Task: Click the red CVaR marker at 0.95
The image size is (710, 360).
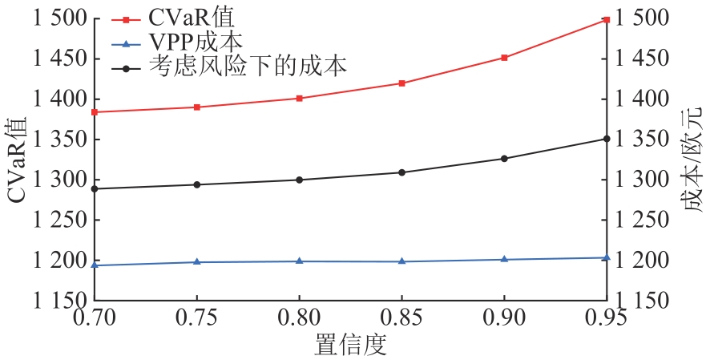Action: (607, 19)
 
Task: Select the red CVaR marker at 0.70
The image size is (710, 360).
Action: (95, 112)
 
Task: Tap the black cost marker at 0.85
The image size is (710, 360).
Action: (401, 172)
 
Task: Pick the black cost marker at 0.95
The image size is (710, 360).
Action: (607, 139)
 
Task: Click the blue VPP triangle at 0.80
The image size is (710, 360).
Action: (299, 261)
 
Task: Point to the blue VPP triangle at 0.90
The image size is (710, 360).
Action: (504, 259)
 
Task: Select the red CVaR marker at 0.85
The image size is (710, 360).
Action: (401, 83)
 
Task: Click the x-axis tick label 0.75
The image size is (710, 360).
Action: (196, 318)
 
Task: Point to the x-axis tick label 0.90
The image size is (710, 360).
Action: (504, 318)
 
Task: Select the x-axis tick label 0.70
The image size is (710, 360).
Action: (94, 318)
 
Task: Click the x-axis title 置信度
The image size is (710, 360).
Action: (349, 346)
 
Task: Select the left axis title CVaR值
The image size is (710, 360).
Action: (18, 160)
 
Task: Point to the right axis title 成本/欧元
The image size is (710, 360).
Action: (694, 160)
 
